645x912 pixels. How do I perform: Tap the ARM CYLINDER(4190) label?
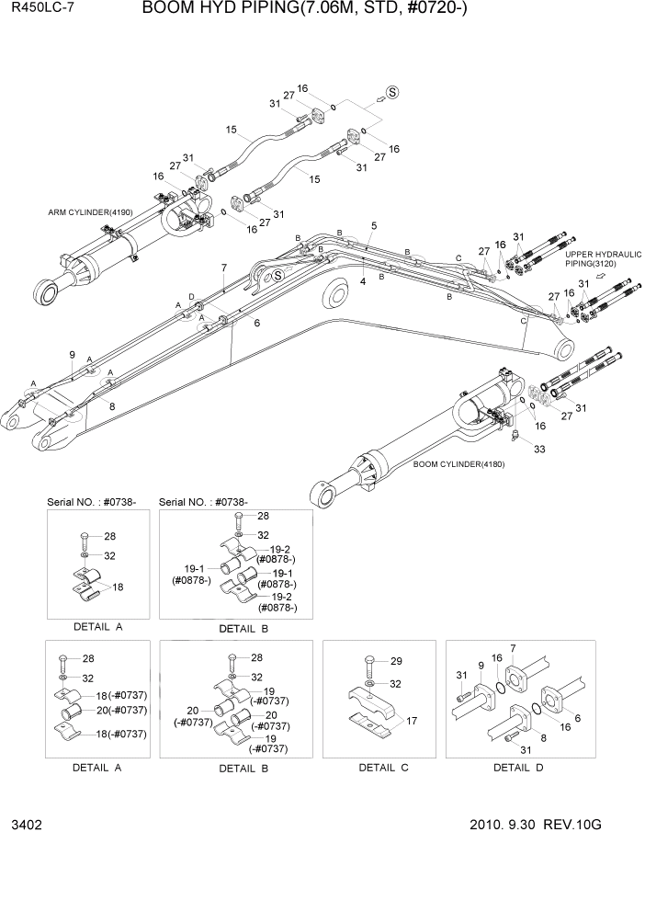(90, 212)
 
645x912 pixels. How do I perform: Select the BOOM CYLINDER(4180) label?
(458, 463)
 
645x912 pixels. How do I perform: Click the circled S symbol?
(392, 91)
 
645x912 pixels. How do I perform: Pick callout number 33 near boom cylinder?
(538, 449)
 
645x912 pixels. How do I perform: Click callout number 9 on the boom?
(72, 355)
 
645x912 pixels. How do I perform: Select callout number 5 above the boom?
(374, 225)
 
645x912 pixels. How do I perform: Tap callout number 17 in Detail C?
(411, 722)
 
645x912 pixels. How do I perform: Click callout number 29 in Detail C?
(397, 661)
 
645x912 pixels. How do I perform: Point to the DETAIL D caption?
(519, 767)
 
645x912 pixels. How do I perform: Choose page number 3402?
(27, 825)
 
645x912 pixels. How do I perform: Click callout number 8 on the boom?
(112, 405)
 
